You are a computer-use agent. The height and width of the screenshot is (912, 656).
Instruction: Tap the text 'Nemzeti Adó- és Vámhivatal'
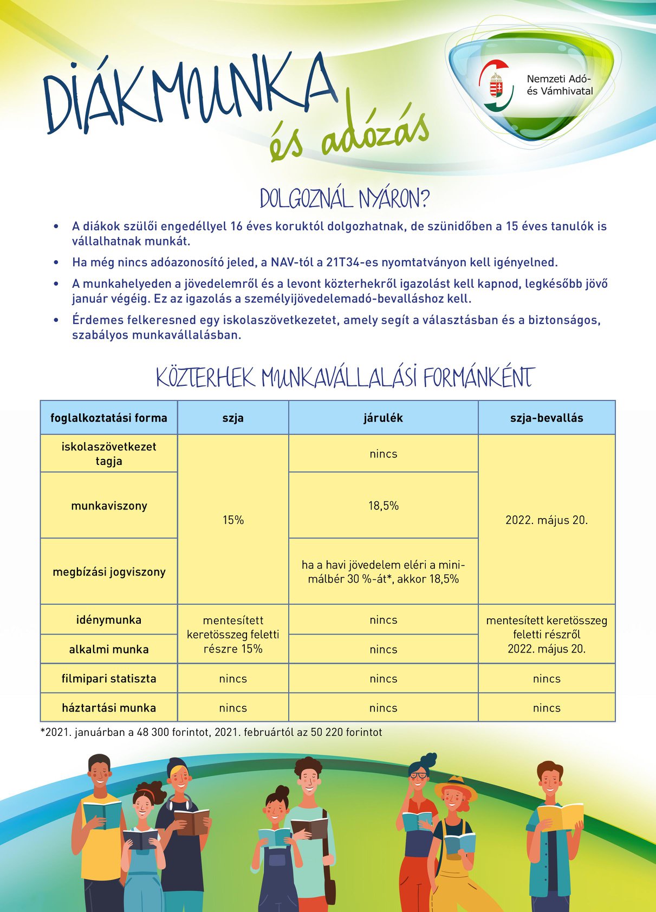tap(560, 85)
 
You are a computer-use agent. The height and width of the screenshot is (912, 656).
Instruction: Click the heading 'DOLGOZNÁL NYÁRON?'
tap(344, 199)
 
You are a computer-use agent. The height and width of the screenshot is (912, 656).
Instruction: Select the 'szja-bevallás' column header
tap(547, 418)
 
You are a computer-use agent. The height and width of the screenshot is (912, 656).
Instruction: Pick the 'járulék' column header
tap(383, 418)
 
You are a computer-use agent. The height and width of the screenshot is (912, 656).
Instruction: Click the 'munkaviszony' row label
tap(109, 506)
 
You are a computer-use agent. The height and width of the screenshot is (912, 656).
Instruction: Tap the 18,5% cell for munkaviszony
tap(383, 506)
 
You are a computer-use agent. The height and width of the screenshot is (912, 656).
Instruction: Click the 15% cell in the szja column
tap(233, 520)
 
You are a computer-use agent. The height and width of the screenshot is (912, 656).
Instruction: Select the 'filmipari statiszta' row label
tap(109, 678)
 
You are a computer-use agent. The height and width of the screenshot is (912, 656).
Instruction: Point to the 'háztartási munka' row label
tap(109, 708)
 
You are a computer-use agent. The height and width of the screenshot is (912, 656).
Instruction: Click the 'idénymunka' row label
tap(109, 620)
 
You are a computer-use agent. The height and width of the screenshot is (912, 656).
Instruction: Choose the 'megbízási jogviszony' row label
tap(109, 572)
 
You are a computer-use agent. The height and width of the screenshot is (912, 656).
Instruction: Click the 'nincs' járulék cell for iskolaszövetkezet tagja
tap(383, 454)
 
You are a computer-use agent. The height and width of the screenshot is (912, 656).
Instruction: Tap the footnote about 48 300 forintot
tap(211, 733)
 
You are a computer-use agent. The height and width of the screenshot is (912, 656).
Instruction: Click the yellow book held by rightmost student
tap(560, 816)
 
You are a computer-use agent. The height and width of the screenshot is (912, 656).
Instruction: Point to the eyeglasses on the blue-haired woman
tap(418, 775)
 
